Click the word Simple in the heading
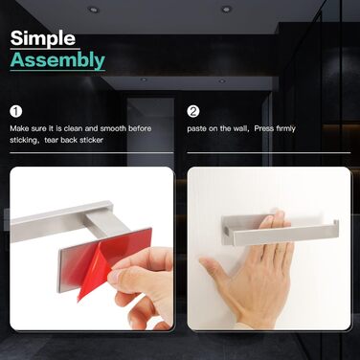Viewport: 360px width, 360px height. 43,39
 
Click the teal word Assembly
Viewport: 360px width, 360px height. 57,60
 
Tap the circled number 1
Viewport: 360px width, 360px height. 16,112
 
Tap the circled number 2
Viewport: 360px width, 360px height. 193,111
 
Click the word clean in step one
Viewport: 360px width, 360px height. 73,128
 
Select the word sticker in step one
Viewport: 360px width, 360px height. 91,140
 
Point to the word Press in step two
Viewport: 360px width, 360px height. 264,128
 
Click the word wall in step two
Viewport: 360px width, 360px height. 239,128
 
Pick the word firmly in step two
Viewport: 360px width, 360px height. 286,129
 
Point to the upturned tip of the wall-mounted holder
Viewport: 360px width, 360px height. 336,223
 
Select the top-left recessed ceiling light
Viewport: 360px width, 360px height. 93,10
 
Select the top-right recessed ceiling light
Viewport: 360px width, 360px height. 226,9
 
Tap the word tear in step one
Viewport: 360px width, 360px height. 52,140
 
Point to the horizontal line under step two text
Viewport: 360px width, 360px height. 269,153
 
